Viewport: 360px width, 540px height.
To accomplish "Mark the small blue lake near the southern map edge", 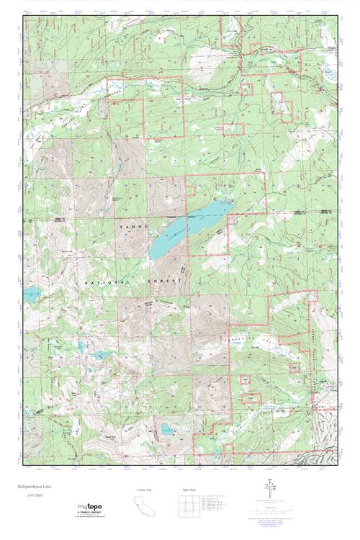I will click(167, 429).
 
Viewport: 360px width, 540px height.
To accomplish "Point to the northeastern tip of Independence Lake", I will click(230, 202).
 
